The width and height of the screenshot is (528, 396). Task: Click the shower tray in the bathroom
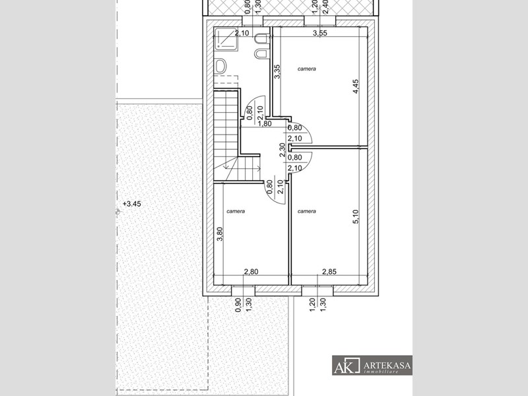tap(226, 38)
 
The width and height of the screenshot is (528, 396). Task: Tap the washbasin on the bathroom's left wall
tap(220, 66)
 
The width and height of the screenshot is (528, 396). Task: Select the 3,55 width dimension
tap(320, 33)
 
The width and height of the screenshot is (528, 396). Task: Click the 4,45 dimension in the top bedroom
tap(356, 86)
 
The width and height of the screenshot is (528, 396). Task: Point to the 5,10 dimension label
tap(356, 216)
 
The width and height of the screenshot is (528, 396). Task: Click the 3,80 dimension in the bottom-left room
tap(220, 234)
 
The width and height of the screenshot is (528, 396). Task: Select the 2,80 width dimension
tap(251, 272)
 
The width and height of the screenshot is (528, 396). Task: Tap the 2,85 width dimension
tap(329, 272)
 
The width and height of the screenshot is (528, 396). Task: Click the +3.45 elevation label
tap(131, 204)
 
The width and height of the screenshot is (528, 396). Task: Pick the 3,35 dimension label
tap(277, 72)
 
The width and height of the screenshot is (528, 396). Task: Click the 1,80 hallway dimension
tap(265, 123)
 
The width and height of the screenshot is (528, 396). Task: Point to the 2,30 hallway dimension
tap(282, 150)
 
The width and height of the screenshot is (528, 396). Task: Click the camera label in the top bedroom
tap(307, 69)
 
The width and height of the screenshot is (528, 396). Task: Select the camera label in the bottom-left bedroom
tap(236, 211)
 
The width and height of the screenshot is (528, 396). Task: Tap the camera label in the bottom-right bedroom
tap(307, 211)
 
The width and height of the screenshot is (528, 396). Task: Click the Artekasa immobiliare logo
tap(372, 366)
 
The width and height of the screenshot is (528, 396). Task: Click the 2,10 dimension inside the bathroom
tap(242, 33)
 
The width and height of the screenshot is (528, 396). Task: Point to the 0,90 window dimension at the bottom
tap(238, 305)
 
